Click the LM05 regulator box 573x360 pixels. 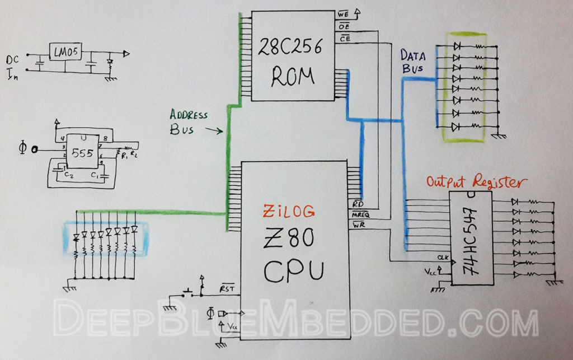pyautogui.click(x=66, y=53)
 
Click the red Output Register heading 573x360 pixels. pyautogui.click(x=476, y=183)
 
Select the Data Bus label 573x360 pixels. pyautogui.click(x=413, y=61)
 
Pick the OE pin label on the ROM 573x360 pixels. pyautogui.click(x=344, y=26)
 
